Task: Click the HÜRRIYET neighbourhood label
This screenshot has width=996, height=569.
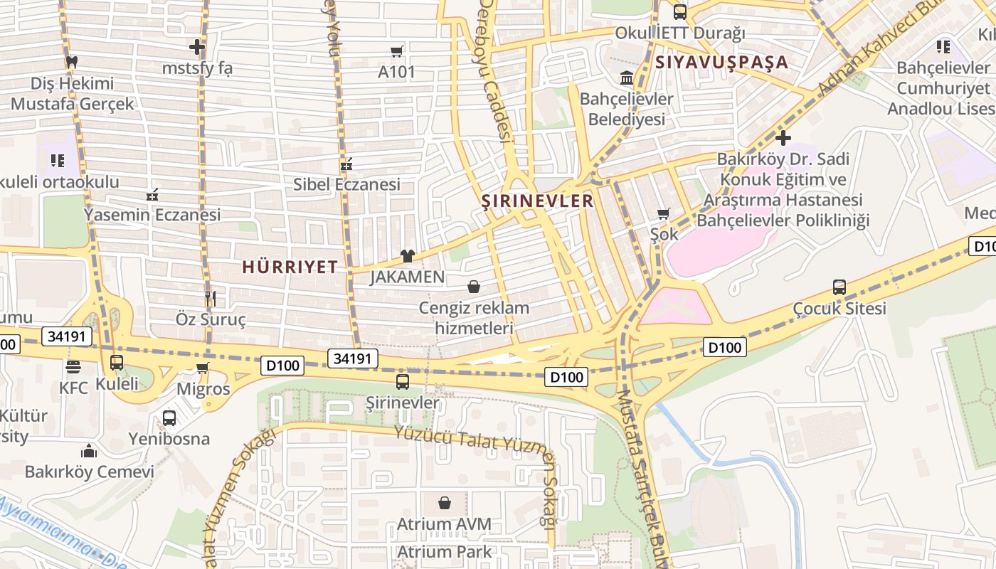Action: pyautogui.click(x=290, y=267)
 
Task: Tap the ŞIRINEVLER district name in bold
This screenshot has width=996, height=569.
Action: pyautogui.click(x=537, y=201)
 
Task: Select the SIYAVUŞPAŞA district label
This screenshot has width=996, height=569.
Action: pyautogui.click(x=721, y=62)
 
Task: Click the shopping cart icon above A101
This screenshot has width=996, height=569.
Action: pyautogui.click(x=397, y=51)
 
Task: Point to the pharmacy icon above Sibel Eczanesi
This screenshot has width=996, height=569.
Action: pyautogui.click(x=346, y=164)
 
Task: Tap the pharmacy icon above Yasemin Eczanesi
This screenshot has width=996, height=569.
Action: pyautogui.click(x=152, y=194)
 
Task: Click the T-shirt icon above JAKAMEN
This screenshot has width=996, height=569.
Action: pyautogui.click(x=407, y=256)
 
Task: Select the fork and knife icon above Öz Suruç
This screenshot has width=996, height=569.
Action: pyautogui.click(x=210, y=298)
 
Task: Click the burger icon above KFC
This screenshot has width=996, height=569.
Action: pyautogui.click(x=73, y=367)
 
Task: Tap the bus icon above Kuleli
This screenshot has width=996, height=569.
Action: pyautogui.click(x=117, y=363)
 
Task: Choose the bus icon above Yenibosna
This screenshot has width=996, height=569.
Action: pyautogui.click(x=169, y=418)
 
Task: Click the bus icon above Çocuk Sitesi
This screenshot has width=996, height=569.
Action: pyautogui.click(x=839, y=287)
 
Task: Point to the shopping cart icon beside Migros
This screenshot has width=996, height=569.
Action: pyautogui.click(x=203, y=368)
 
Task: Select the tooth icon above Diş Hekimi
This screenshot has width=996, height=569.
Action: pyautogui.click(x=71, y=62)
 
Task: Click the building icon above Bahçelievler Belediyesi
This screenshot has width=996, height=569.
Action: pyautogui.click(x=627, y=78)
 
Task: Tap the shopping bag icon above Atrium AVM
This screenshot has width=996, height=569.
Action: pyautogui.click(x=445, y=503)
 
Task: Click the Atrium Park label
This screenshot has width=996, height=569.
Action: pyautogui.click(x=444, y=551)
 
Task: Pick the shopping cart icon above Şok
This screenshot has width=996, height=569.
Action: pyautogui.click(x=664, y=213)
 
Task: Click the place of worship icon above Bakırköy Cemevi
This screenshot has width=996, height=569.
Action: pyautogui.click(x=89, y=451)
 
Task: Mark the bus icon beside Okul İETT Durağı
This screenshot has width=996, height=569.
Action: pyautogui.click(x=680, y=12)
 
